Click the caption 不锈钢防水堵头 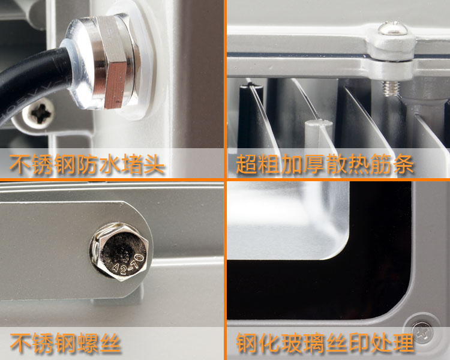point(86,164)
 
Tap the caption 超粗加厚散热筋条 point(325,164)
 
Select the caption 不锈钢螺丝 point(65,343)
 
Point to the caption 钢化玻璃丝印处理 point(325,343)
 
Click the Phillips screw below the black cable point(39,113)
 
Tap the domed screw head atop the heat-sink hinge point(392,28)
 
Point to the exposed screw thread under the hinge point(391,88)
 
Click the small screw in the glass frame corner point(422,332)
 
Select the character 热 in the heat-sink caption point(358,164)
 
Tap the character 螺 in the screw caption point(88,343)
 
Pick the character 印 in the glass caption point(358,343)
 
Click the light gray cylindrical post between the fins point(318,134)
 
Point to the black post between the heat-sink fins point(248,115)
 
